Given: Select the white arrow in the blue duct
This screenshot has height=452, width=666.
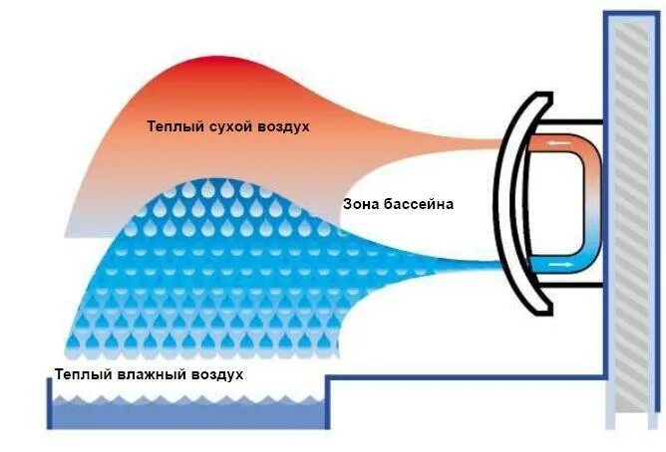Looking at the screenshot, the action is pyautogui.click(x=560, y=265).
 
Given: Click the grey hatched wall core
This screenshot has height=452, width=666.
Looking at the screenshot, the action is pyautogui.click(x=638, y=219).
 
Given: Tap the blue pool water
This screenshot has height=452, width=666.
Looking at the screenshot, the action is pyautogui.click(x=189, y=415).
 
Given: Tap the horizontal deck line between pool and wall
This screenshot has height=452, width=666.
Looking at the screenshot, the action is pyautogui.click(x=469, y=376).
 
